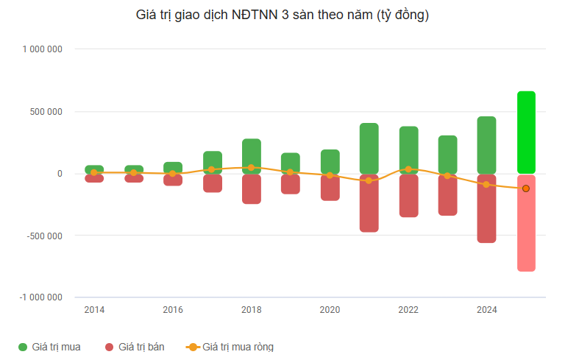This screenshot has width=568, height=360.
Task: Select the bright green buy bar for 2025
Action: point(526,133)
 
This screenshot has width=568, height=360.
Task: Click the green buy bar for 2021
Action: point(369,148)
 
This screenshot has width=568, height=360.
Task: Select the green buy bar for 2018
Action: point(251,156)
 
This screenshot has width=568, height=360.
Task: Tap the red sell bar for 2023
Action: point(447,195)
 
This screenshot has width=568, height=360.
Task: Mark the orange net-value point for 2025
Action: point(525,188)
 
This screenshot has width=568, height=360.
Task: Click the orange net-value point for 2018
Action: point(251,168)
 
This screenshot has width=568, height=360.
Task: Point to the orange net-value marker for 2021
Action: point(369,180)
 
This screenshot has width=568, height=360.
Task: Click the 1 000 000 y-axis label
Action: point(42,49)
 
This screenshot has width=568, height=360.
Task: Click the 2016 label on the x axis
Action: point(173,310)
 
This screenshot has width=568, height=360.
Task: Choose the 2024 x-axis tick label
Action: point(486,310)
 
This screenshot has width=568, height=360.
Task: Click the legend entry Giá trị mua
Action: point(49,347)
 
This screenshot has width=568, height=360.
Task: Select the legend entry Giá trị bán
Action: point(135,347)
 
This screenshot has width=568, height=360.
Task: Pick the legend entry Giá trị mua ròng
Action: point(230,347)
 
